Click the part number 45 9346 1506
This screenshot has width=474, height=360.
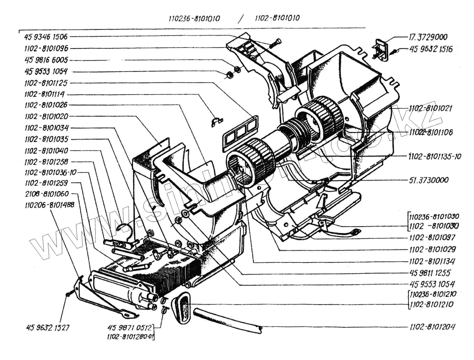coord(46,37)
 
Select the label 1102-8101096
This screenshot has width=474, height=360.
coord(46,48)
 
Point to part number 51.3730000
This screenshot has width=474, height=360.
coord(429,180)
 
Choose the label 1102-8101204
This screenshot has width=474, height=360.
coord(432,327)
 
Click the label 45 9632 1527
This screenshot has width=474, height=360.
coord(48,328)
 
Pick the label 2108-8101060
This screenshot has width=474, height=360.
coord(47,194)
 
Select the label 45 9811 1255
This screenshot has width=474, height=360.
coord(430,273)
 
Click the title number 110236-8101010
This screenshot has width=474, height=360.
coord(194,18)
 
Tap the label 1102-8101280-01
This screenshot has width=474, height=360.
coord(130,337)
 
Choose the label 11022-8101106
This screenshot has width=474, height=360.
coord(430,132)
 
